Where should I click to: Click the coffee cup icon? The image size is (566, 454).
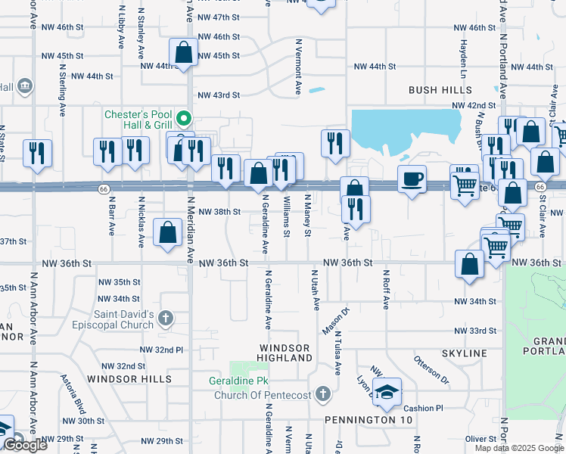[412, 179]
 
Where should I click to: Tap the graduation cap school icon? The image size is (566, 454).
[387, 392]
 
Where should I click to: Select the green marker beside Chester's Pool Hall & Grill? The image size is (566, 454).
[183, 119]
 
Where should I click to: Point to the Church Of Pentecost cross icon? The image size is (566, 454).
[323, 393]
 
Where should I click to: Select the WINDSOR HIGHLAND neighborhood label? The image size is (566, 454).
[285, 352]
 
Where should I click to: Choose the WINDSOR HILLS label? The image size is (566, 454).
[129, 378]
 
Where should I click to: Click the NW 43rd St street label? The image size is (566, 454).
[218, 95]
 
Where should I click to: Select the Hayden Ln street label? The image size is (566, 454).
[462, 58]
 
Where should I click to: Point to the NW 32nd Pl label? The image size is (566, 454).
[162, 350]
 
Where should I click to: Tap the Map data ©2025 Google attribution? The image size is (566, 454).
[518, 448]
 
